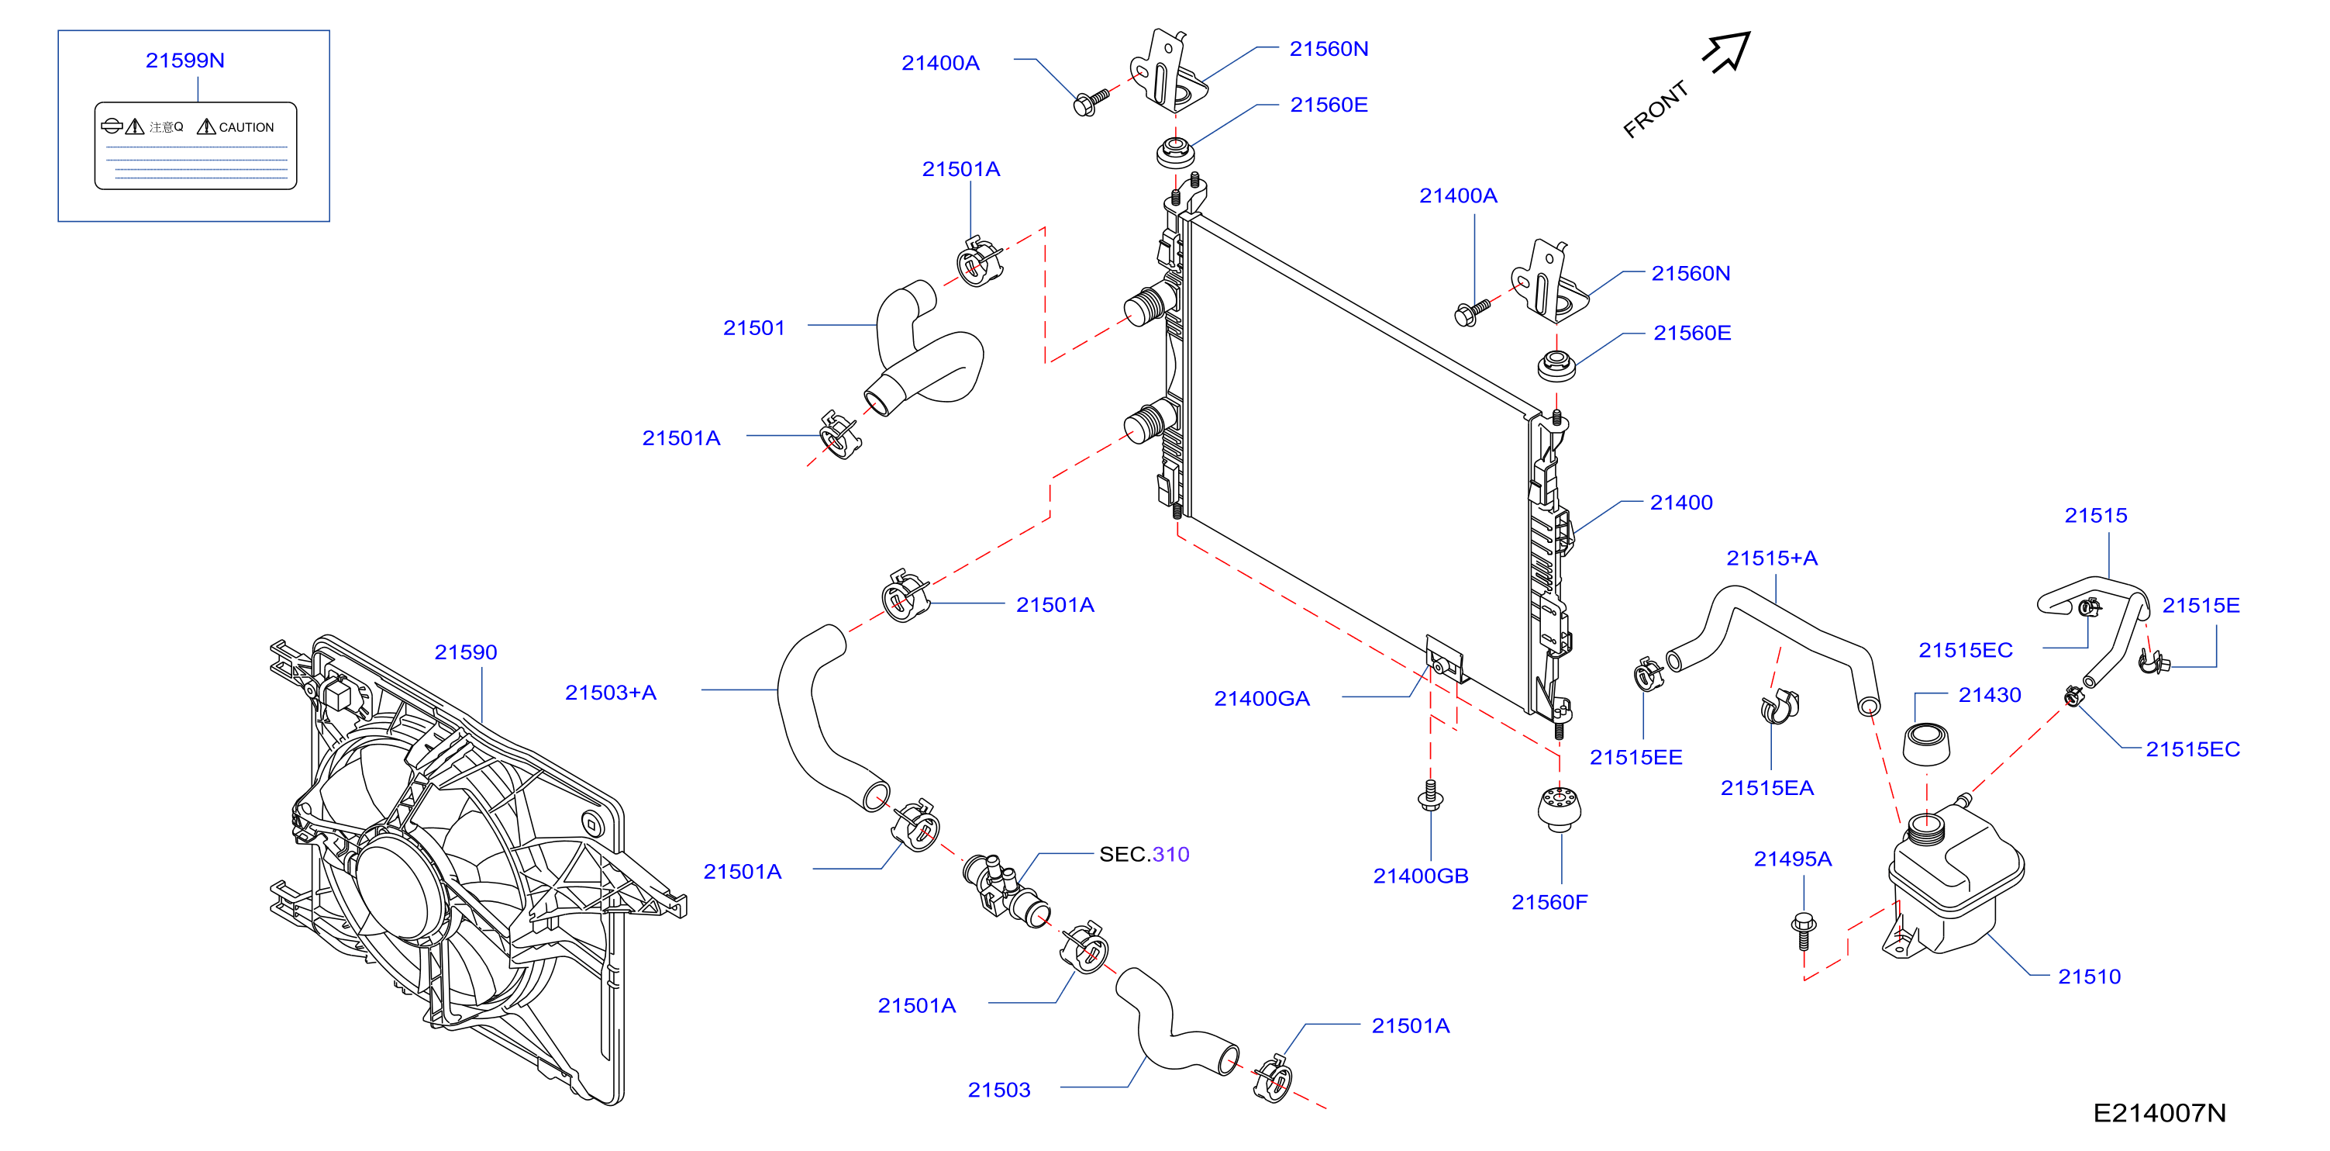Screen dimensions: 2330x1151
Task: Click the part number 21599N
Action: (184, 60)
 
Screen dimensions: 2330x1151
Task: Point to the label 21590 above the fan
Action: (466, 652)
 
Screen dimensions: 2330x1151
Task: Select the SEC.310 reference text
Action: (1144, 854)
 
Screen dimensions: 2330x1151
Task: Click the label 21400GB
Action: (1420, 876)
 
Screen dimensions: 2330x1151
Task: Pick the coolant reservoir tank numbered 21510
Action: (1954, 883)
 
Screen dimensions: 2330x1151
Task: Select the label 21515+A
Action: (1772, 558)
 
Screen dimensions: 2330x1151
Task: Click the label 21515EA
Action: (1766, 788)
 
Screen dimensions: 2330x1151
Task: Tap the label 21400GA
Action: (1262, 699)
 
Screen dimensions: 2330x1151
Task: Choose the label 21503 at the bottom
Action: (998, 1090)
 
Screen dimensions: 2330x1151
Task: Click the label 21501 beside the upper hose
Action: (753, 327)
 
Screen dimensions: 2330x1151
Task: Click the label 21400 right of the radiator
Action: (1681, 503)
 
